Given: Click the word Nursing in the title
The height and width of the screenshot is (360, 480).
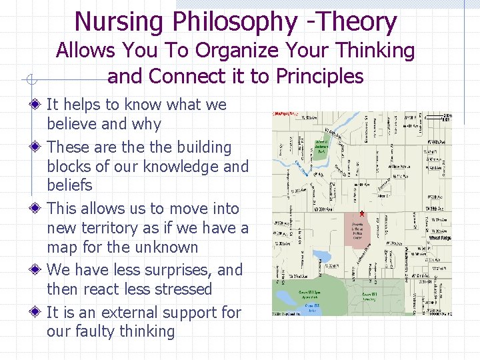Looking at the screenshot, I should click(119, 21).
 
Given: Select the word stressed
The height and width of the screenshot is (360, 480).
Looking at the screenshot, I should click(181, 289).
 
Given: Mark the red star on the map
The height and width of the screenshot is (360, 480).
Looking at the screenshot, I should click(362, 213).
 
